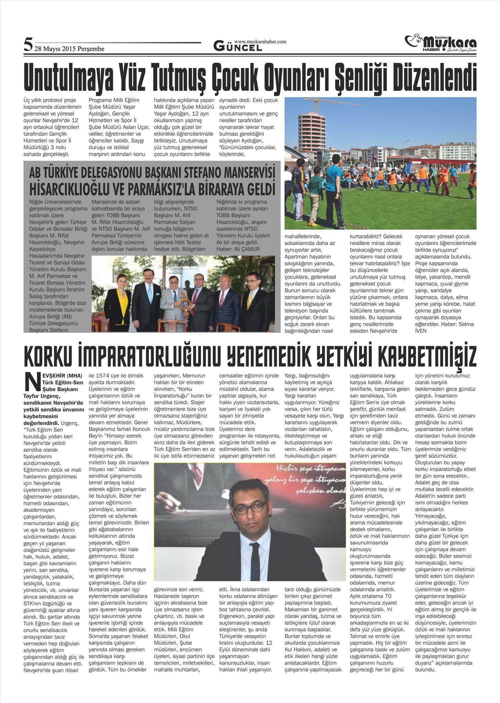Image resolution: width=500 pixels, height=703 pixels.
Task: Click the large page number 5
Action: (x=28, y=44)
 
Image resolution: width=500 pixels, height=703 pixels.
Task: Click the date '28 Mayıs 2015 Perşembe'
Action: (x=69, y=49)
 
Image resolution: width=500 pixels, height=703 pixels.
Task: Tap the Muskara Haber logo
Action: (x=440, y=44)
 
